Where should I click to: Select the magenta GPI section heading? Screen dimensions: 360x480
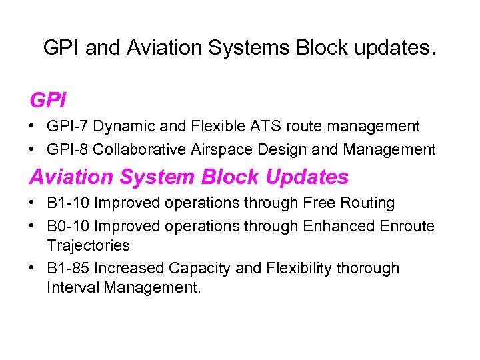(48, 100)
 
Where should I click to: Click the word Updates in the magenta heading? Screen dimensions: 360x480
(307, 177)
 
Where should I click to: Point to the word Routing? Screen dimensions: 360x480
(367, 203)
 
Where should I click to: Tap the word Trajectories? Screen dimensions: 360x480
(88, 245)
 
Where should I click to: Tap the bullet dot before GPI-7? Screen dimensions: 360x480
(33, 127)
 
